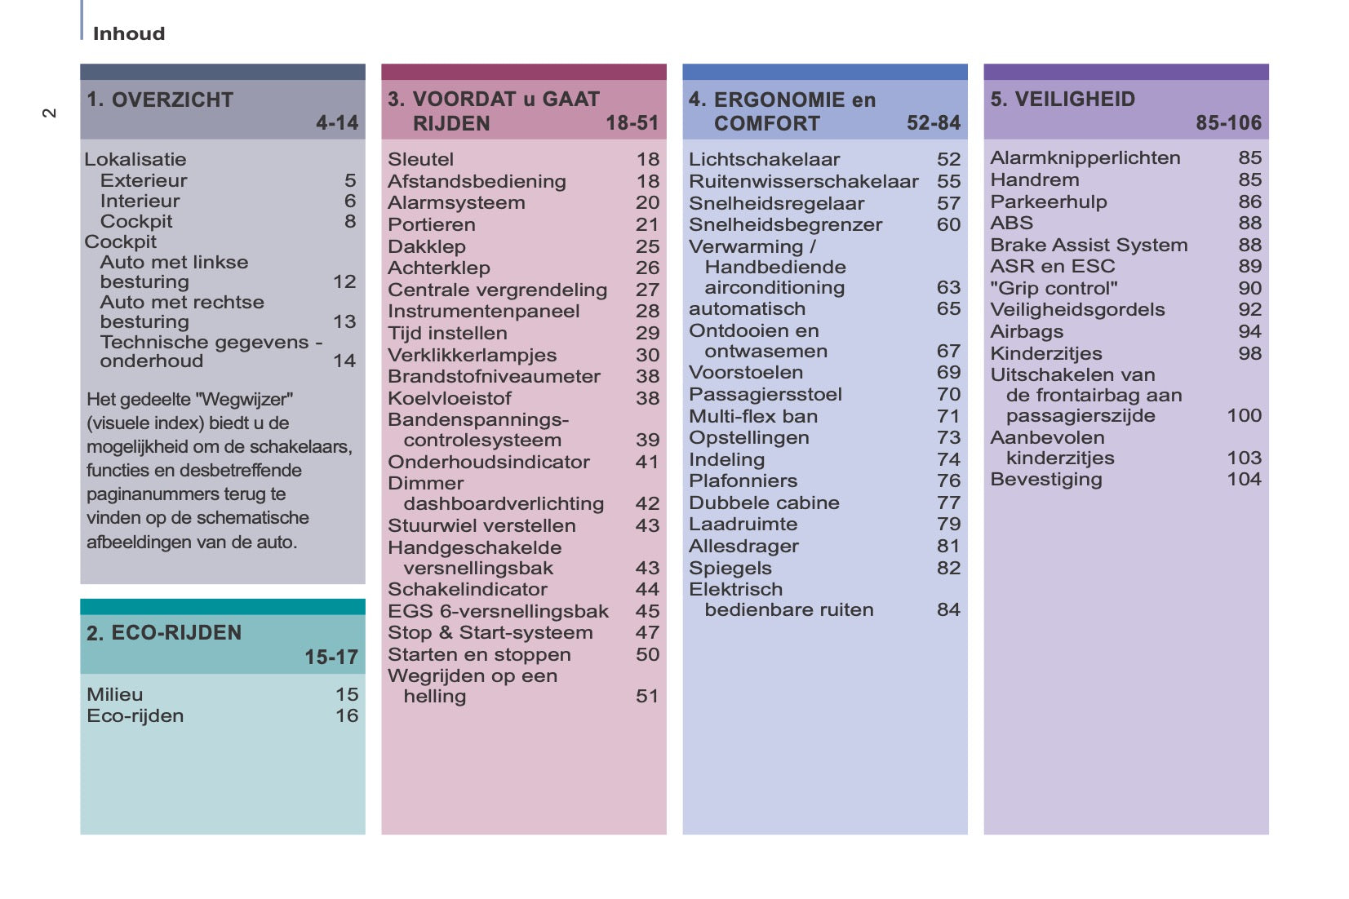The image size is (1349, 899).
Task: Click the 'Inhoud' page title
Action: (x=129, y=33)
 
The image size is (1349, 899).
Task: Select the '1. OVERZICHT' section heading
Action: (x=160, y=100)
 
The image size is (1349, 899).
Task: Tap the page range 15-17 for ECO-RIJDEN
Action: (x=331, y=657)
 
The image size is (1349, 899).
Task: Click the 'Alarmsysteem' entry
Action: (x=456, y=202)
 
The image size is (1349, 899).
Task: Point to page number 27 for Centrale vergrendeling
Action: (x=647, y=290)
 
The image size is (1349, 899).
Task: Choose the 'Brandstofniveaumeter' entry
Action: (x=494, y=376)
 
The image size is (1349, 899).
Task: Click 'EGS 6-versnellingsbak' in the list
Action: (x=498, y=611)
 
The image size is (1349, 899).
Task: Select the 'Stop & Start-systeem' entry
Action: (x=490, y=632)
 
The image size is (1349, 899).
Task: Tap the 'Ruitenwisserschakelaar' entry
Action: (x=803, y=181)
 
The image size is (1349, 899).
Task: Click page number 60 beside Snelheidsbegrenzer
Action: (x=948, y=224)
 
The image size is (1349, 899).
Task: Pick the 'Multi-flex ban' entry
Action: (x=752, y=416)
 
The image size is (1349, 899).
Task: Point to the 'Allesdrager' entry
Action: (x=743, y=546)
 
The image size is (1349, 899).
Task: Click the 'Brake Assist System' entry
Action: (x=1089, y=245)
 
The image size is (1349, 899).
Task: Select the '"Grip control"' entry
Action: (x=1054, y=288)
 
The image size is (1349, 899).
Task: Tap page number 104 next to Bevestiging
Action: (x=1244, y=479)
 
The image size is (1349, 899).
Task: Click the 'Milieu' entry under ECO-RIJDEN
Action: (x=115, y=694)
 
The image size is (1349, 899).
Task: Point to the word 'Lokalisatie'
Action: (x=135, y=159)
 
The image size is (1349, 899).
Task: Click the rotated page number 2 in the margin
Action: (x=50, y=113)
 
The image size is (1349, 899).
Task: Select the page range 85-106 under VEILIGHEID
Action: (x=1228, y=123)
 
